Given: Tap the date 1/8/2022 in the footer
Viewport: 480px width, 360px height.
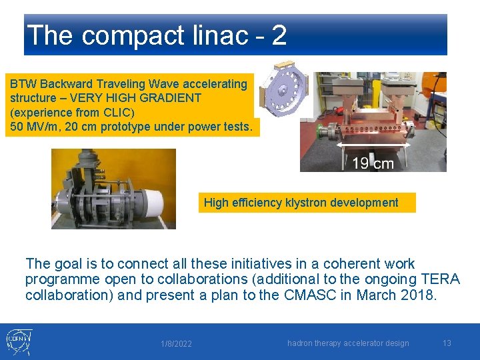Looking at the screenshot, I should point(176,344).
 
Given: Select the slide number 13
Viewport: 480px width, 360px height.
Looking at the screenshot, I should point(447,343).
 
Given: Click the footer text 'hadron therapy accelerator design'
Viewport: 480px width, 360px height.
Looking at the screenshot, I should point(348,343).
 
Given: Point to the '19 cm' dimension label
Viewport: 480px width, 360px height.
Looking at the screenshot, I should point(373,163).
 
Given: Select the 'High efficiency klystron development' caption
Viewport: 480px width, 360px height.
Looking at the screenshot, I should point(301,203).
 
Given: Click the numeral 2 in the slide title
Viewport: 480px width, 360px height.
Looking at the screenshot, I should point(279,35).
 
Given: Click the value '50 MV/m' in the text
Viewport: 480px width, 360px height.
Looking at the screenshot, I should point(33,127).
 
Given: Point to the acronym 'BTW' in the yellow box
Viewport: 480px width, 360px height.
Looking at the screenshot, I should point(23,84).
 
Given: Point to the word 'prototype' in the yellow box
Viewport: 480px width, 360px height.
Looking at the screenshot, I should point(127,127).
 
